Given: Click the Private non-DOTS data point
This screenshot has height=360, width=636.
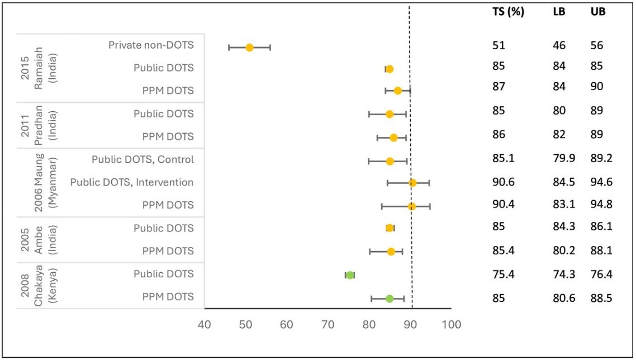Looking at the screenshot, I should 250,48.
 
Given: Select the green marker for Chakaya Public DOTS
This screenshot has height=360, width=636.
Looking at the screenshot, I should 350,275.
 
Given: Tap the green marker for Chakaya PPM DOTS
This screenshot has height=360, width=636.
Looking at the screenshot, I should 390,299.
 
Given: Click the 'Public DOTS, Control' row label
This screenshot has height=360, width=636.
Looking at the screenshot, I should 143,160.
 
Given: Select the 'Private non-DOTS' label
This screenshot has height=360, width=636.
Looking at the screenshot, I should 151,45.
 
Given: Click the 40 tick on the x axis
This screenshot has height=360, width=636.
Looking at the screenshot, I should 205,324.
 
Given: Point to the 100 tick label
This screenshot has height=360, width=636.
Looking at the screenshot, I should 450,324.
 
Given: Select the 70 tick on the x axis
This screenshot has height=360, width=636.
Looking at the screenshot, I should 328,324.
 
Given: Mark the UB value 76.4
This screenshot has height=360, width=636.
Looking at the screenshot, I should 601,274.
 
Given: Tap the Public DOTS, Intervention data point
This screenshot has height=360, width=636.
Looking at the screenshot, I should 412,183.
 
